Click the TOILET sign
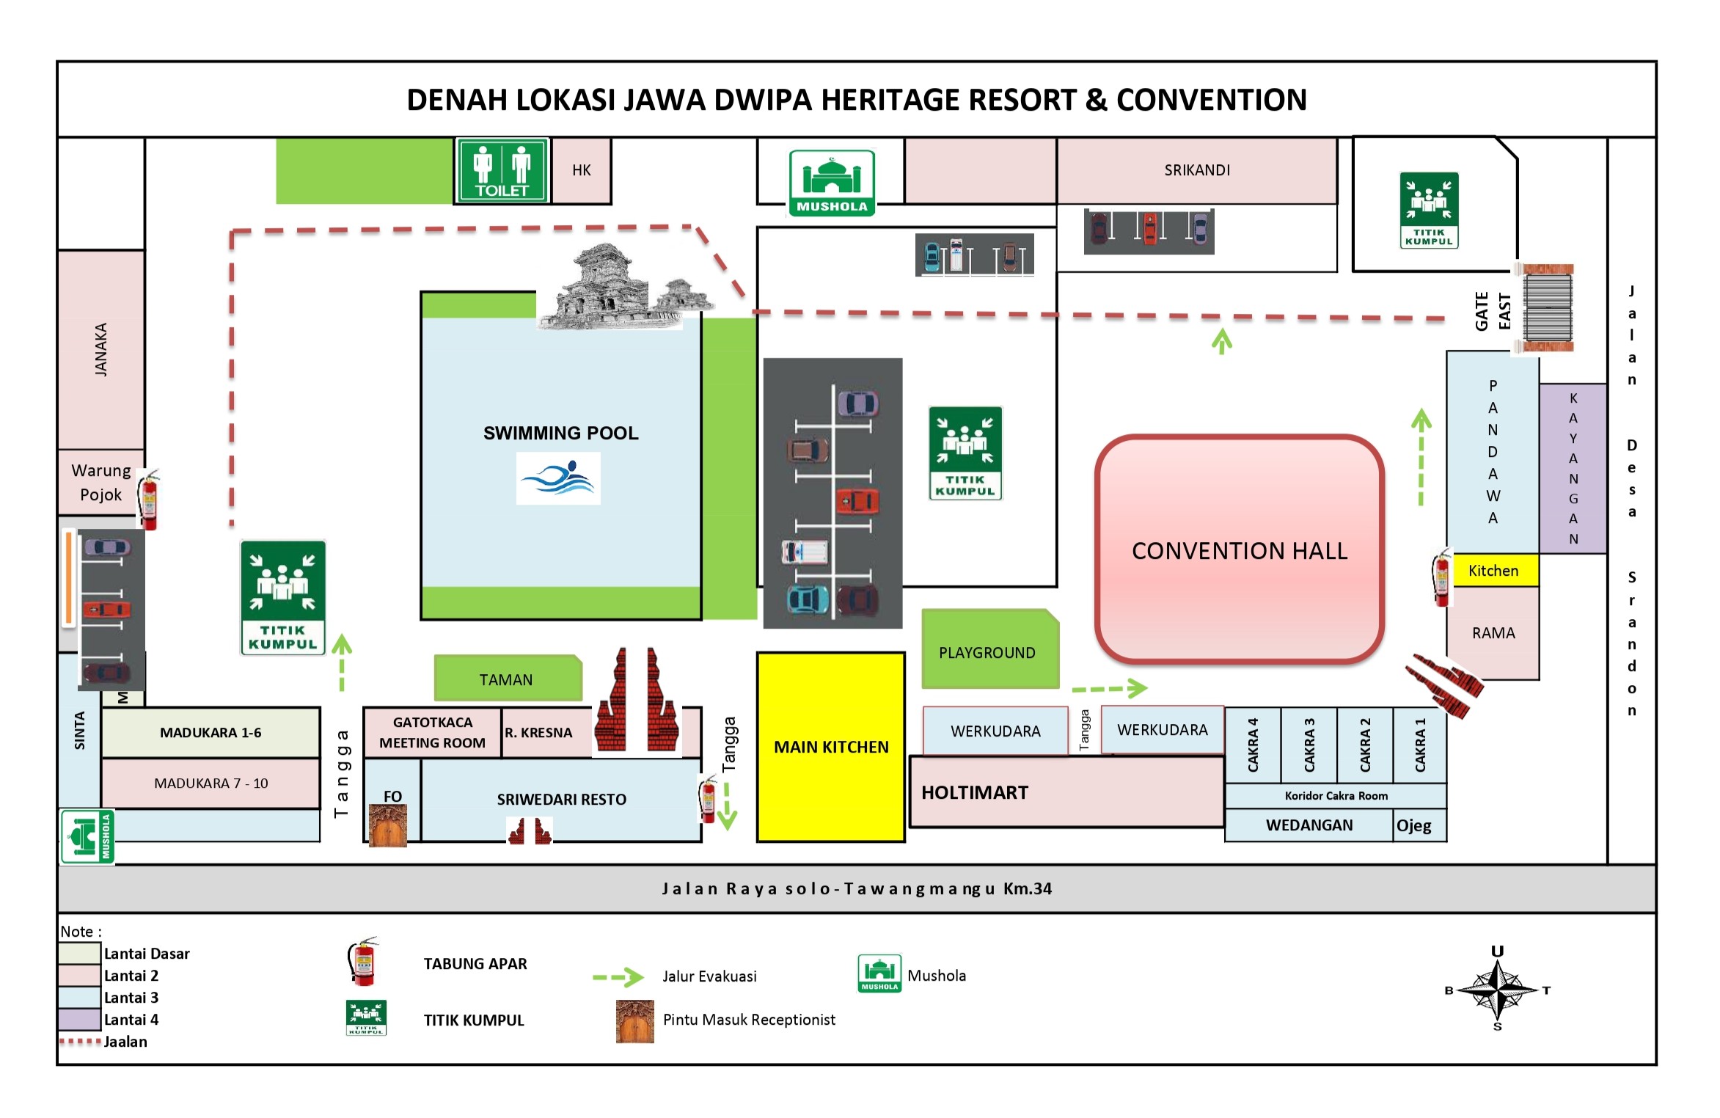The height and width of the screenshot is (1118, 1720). pyautogui.click(x=502, y=170)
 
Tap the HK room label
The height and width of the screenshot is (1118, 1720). pyautogui.click(x=581, y=170)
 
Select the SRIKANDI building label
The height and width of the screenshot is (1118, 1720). pyautogui.click(x=1197, y=170)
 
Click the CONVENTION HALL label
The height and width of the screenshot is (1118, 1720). pyautogui.click(x=1240, y=551)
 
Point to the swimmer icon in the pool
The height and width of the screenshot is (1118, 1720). pyautogui.click(x=558, y=478)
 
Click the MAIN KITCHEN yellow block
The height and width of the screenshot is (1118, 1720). pyautogui.click(x=831, y=747)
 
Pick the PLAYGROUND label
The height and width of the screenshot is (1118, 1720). pyautogui.click(x=987, y=652)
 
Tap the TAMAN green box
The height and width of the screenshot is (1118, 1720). pyautogui.click(x=506, y=679)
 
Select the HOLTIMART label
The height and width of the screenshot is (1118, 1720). pyautogui.click(x=975, y=792)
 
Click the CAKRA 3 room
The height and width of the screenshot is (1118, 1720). pyautogui.click(x=1309, y=745)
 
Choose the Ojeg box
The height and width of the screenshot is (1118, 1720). pyautogui.click(x=1414, y=825)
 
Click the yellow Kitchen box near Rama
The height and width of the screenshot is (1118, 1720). pyautogui.click(x=1493, y=571)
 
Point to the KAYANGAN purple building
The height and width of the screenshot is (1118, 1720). pyautogui.click(x=1573, y=468)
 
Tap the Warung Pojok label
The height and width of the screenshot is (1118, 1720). pyautogui.click(x=101, y=482)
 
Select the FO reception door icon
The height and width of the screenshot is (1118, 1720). pyautogui.click(x=388, y=825)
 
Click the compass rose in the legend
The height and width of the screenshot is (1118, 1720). pyautogui.click(x=1497, y=990)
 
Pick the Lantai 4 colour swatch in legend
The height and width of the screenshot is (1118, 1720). pyautogui.click(x=80, y=1019)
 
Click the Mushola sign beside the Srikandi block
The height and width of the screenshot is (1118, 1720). pyautogui.click(x=832, y=183)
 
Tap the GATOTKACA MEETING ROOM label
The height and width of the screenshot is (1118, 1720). pyautogui.click(x=432, y=732)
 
